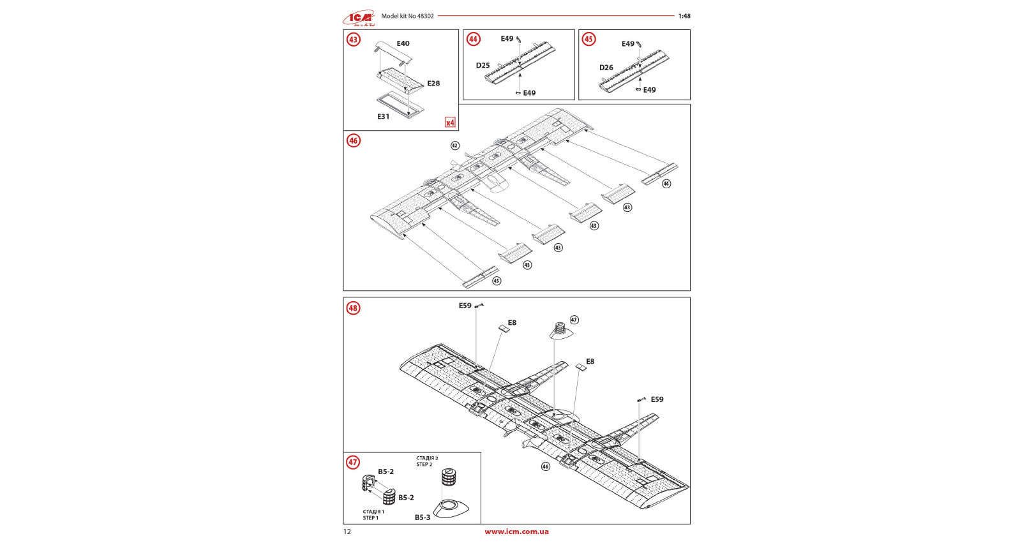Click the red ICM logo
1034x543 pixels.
click(x=359, y=18)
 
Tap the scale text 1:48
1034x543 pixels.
click(x=684, y=16)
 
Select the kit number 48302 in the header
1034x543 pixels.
click(x=425, y=16)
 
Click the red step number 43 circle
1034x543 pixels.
click(x=353, y=40)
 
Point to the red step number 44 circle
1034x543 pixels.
click(x=473, y=39)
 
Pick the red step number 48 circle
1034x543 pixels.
click(x=353, y=308)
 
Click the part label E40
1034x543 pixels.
click(x=403, y=43)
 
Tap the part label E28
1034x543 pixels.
click(x=433, y=84)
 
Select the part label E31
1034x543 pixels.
click(x=383, y=117)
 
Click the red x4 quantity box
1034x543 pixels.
click(x=450, y=123)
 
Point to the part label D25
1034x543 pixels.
click(x=483, y=66)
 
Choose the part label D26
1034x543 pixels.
click(x=606, y=68)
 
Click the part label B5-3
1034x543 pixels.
click(x=423, y=517)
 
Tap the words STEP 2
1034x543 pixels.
click(x=424, y=465)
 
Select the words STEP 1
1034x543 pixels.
click(x=371, y=518)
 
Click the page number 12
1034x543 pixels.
click(x=347, y=532)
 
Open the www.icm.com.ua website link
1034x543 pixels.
click(x=516, y=532)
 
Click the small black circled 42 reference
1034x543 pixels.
click(x=455, y=145)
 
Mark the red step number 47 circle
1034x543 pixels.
click(x=353, y=463)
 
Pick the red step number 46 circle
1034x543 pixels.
click(x=354, y=140)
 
